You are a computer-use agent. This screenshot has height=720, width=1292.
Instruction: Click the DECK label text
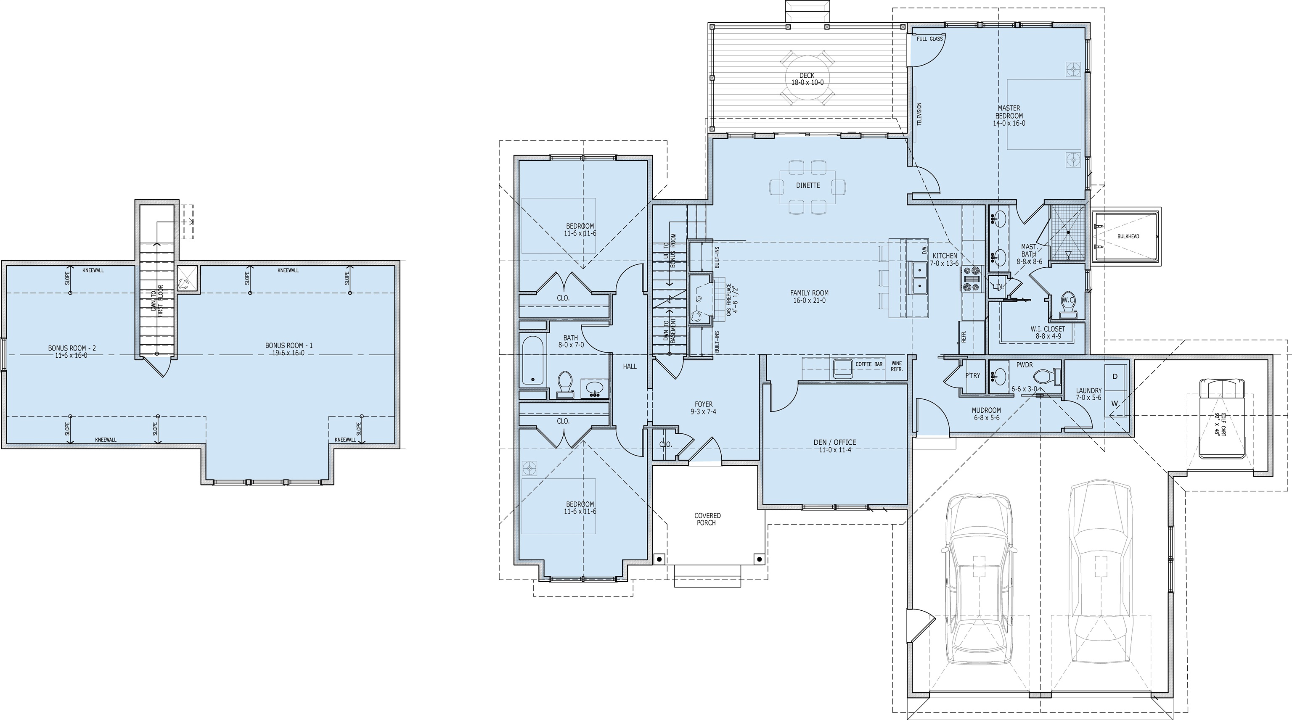point(807,75)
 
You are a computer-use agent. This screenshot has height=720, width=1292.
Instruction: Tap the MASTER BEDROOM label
point(1009,112)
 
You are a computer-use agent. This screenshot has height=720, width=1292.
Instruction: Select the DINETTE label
point(808,185)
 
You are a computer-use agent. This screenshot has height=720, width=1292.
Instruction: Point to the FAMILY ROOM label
point(809,293)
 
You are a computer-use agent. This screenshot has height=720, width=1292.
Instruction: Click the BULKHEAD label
point(1128,236)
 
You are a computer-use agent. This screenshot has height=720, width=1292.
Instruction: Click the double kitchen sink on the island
point(919,278)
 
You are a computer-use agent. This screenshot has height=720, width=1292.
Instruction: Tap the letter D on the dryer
point(1115,377)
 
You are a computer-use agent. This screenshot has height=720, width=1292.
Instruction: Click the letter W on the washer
point(1115,403)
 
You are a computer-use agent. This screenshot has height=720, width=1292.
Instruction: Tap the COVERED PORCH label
point(708,519)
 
